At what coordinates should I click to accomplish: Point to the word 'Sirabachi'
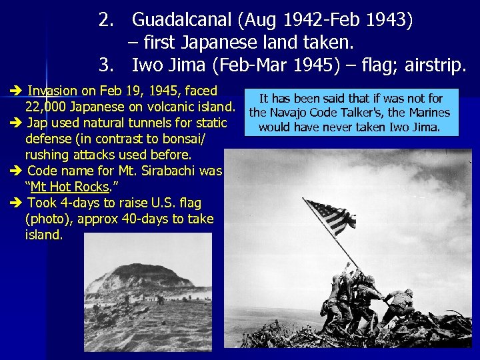[187, 171]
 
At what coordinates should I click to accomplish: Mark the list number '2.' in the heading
[107, 21]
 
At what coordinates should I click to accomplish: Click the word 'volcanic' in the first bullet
[171, 107]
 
